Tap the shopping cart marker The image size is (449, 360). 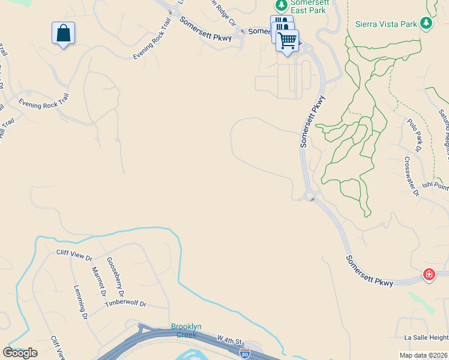[288, 41]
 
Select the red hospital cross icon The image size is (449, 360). [429, 275]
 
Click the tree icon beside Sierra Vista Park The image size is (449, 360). [426, 23]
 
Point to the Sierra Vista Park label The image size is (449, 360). [386, 24]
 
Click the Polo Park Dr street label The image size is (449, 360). [415, 134]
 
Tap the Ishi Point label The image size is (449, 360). [434, 187]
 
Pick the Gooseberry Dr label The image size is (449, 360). [115, 278]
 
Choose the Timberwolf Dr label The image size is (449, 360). [125, 304]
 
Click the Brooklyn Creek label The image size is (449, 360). [186, 331]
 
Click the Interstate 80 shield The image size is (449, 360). [244, 353]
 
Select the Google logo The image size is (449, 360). [20, 353]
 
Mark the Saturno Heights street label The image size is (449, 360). [444, 126]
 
